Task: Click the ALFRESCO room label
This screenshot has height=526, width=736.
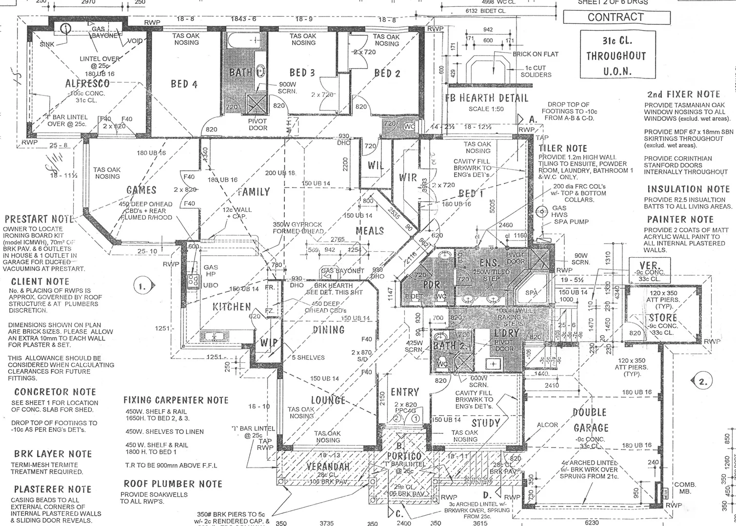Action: point(88,83)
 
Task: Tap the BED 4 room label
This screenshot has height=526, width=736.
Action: point(184,84)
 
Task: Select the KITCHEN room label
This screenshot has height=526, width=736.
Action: point(232,307)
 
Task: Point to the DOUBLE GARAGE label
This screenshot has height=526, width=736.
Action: point(591,420)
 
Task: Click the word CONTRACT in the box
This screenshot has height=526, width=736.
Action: point(616,17)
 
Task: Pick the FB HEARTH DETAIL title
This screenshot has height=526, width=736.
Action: point(486,98)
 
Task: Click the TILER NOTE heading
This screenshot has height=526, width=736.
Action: point(563,148)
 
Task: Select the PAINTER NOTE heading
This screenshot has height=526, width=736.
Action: point(680,220)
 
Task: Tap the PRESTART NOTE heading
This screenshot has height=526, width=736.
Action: point(39,219)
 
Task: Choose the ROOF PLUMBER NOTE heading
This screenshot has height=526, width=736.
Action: point(173,484)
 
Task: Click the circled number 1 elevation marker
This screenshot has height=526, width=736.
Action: point(141,286)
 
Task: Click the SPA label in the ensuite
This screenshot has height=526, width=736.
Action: point(531,293)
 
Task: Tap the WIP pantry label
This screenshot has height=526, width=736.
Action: point(269,342)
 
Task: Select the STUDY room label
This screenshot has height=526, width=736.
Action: point(486,423)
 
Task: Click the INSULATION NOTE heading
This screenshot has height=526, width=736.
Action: point(688,189)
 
